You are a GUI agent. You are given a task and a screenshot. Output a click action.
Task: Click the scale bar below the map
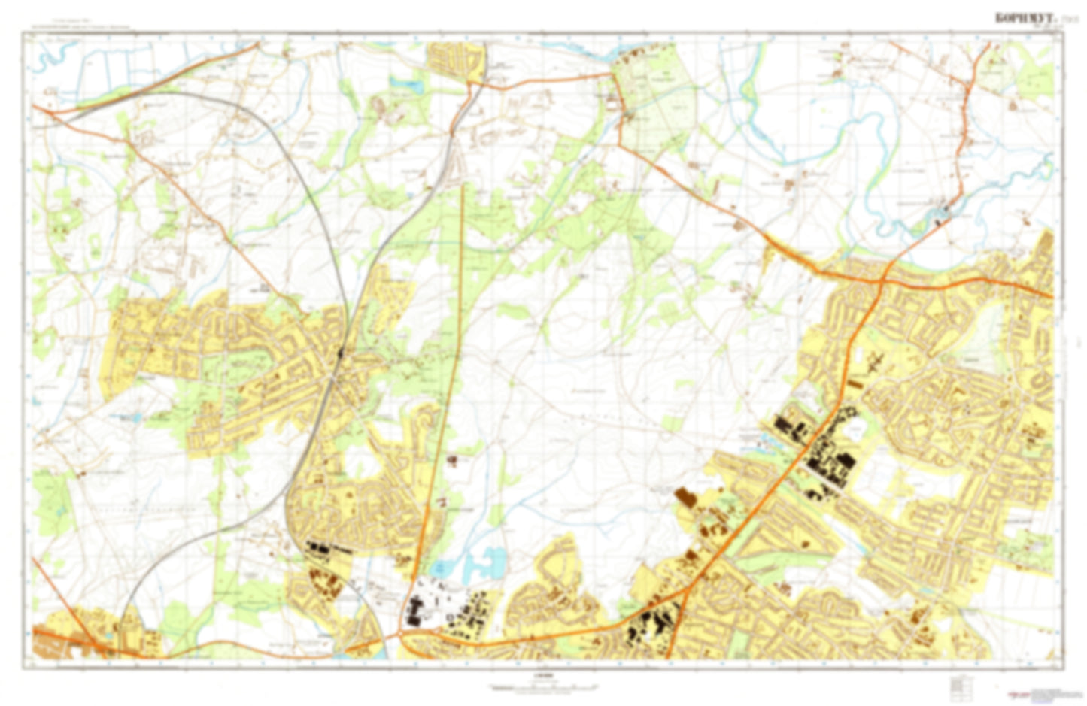point(542,686)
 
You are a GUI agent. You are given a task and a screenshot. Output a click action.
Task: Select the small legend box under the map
point(957,685)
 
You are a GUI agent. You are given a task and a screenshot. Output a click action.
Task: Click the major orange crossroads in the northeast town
point(882,279)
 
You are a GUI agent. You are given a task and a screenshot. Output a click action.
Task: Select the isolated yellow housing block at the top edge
point(454,59)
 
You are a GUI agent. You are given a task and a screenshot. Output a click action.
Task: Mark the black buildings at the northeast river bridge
point(938,218)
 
